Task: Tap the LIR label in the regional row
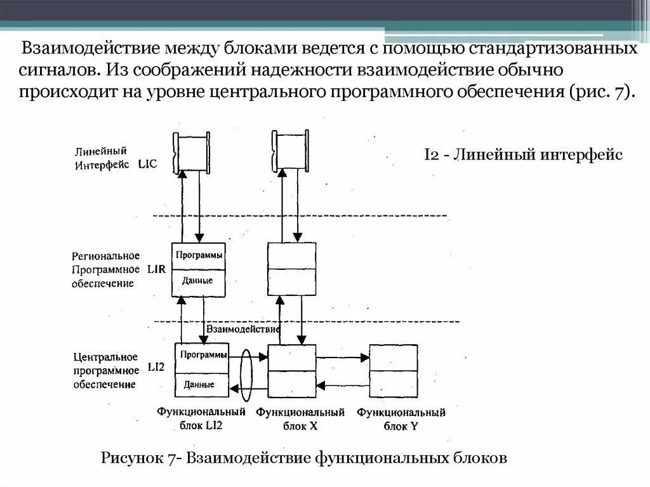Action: click(156, 269)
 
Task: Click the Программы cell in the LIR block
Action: click(199, 255)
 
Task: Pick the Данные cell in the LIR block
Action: click(197, 281)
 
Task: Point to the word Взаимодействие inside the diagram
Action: click(244, 330)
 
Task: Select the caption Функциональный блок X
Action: click(300, 419)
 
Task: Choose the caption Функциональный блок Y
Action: click(401, 419)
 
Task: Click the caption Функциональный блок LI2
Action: click(201, 419)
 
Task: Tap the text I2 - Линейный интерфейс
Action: click(523, 154)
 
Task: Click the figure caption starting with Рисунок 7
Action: click(304, 458)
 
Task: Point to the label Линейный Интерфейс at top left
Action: click(102, 158)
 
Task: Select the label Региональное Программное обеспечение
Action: click(105, 269)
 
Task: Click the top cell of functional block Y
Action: click(394, 357)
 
